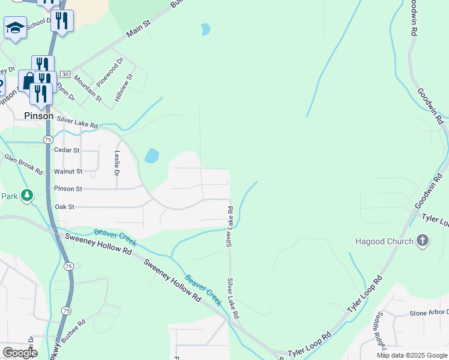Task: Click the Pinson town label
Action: point(38,116)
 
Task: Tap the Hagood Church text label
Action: point(384,241)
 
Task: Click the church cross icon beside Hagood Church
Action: point(423,241)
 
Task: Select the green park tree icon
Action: point(26,196)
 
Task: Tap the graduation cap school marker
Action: point(15,28)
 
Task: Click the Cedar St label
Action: point(66,150)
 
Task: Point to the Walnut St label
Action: point(67,172)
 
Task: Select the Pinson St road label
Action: point(68,189)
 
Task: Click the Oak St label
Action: point(64,207)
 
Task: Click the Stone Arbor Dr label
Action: point(429,313)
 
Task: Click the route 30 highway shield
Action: point(65,74)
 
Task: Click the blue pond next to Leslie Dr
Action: point(151,156)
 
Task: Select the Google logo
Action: point(20,353)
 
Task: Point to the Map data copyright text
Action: point(411,355)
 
